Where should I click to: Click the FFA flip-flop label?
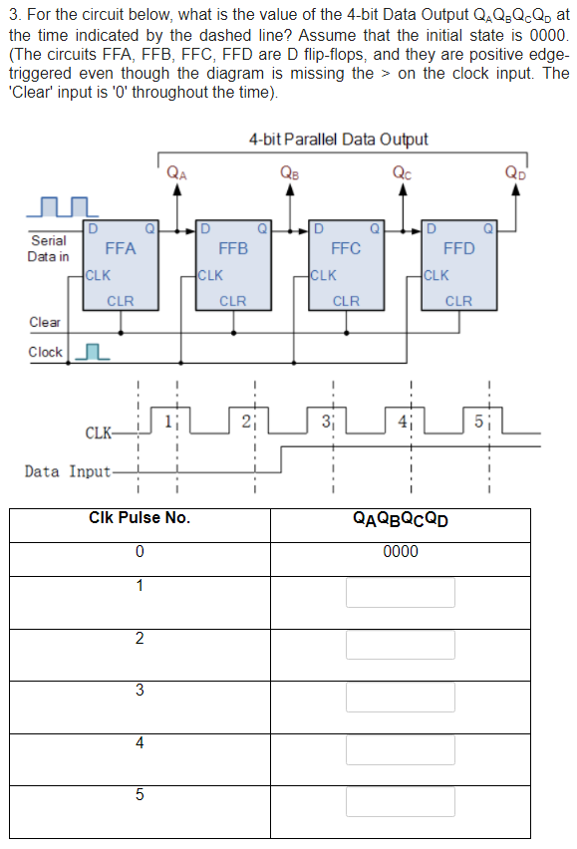120,248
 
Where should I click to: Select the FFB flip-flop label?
233,248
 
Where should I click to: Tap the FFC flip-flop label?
346,248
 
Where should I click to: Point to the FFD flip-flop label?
458,248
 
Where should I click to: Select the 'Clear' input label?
45,322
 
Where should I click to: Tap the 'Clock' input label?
45,352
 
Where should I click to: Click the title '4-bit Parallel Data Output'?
338,140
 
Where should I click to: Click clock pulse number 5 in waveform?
479,420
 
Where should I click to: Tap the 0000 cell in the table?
401,551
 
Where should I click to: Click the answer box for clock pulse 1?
401,592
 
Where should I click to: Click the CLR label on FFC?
346,300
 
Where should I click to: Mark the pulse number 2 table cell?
140,638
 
